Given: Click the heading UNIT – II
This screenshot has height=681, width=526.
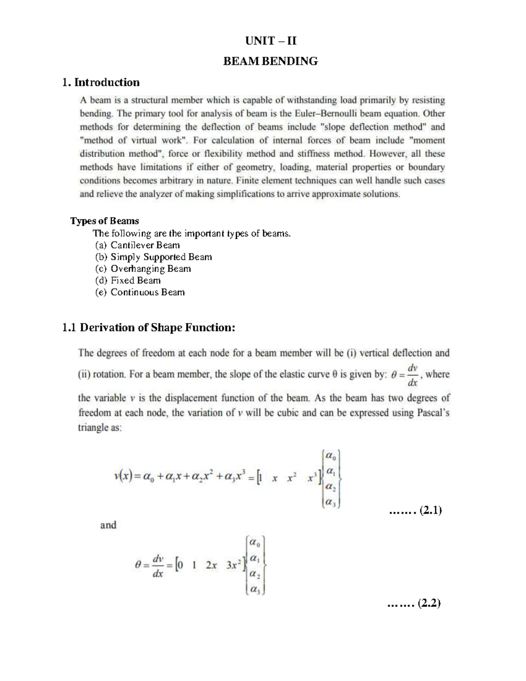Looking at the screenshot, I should tap(270, 41).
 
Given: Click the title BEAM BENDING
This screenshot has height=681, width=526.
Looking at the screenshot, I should tap(270, 61).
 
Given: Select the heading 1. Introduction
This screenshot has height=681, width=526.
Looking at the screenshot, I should tap(101, 82).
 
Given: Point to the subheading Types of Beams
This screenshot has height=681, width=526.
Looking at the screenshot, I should tap(104, 221).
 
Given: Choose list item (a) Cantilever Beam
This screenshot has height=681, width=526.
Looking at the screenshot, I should tap(137, 245).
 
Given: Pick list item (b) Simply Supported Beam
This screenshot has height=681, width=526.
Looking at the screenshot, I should tap(153, 257).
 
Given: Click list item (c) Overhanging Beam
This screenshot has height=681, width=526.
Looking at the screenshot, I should tap(143, 269).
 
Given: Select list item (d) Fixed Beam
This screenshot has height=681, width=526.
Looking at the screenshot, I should tap(128, 281).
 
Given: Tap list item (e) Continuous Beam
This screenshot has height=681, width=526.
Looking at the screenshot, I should tap(140, 292).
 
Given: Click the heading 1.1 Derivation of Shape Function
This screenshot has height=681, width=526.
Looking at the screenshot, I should tap(149, 328).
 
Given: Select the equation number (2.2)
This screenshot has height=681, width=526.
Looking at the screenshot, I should tap(429, 604).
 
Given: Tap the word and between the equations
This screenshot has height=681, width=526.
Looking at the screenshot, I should tap(108, 525).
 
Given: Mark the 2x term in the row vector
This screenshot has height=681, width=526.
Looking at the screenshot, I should tap(211, 566).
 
